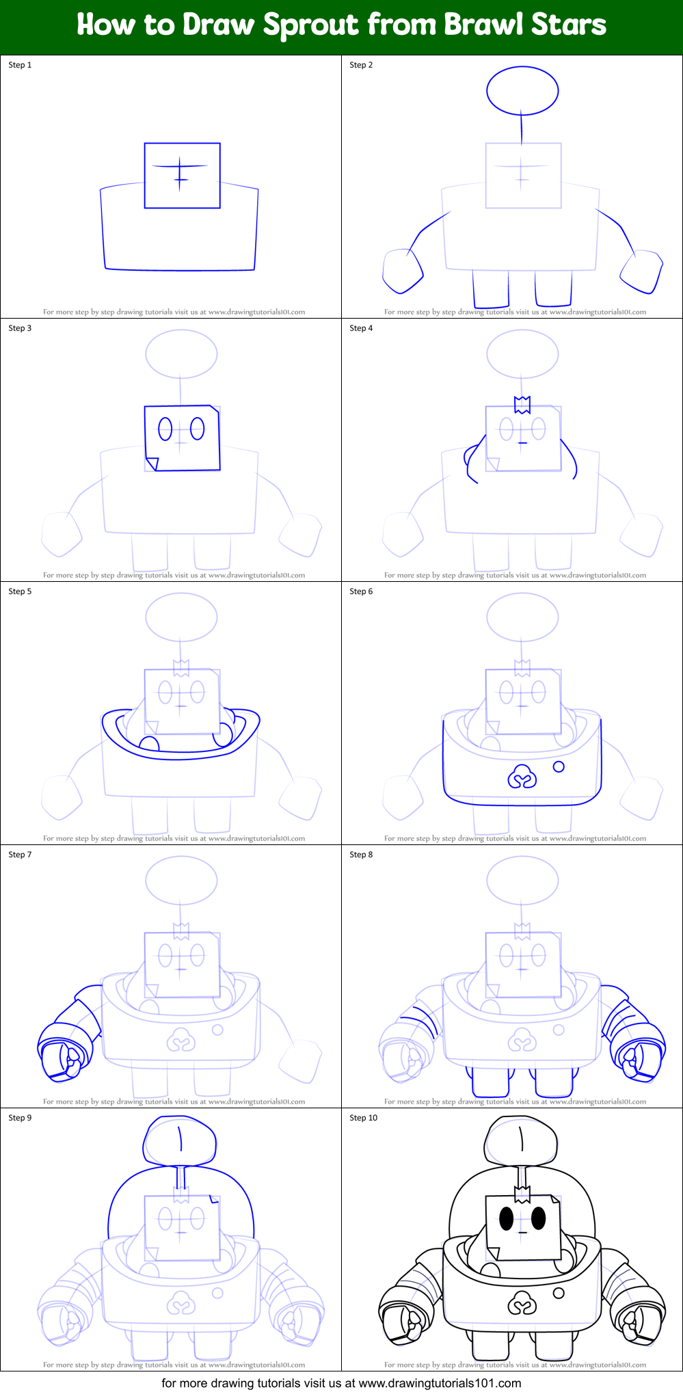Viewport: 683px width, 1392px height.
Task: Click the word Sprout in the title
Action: pos(311,25)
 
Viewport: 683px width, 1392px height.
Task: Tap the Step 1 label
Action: pos(20,65)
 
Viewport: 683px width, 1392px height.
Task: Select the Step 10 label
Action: pos(363,1118)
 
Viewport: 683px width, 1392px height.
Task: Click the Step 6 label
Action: pos(361,591)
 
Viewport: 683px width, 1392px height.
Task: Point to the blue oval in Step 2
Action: pos(522,90)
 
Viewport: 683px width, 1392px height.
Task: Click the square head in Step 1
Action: pos(182,175)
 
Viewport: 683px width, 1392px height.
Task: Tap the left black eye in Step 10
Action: pos(506,1218)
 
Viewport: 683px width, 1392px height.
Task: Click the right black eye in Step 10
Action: pos(539,1217)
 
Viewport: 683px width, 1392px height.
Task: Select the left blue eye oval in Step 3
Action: pos(165,429)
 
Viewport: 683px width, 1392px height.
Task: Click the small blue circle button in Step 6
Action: pos(559,766)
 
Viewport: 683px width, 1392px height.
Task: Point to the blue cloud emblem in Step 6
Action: pos(522,776)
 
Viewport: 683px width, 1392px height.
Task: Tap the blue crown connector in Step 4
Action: pos(522,405)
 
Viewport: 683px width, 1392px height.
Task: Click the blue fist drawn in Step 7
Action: pos(63,1052)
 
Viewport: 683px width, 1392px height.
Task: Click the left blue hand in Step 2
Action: pos(402,271)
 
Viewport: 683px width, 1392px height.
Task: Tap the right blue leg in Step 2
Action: pos(553,289)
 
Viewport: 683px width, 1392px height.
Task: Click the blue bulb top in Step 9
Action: pos(180,1141)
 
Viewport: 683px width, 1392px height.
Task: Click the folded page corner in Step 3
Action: pos(152,464)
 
